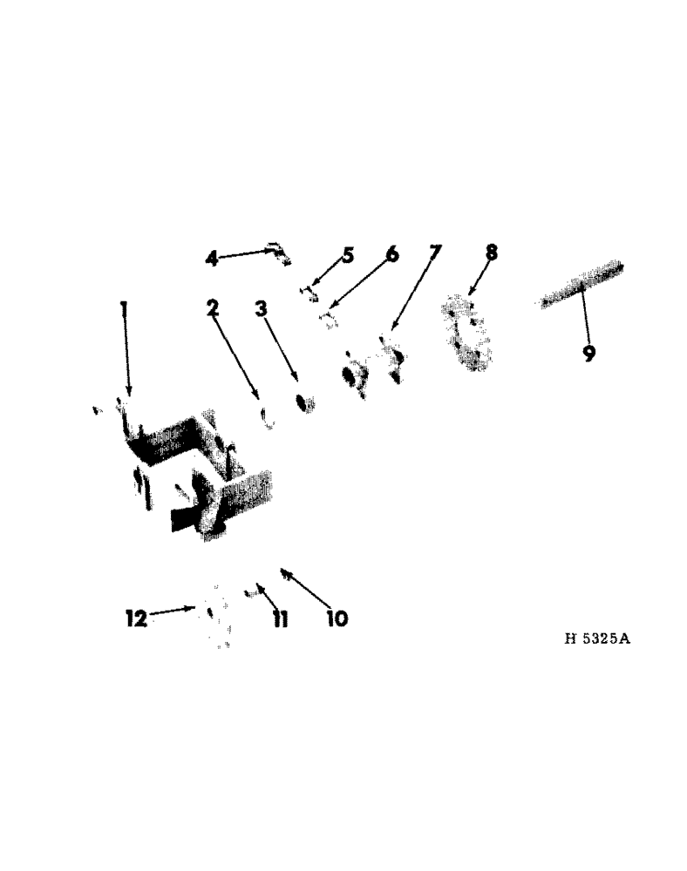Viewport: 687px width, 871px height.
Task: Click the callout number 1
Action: tap(124, 308)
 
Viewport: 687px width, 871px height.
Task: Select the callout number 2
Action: tap(212, 308)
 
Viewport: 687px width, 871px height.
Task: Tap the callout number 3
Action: tap(261, 308)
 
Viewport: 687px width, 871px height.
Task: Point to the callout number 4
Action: tap(212, 258)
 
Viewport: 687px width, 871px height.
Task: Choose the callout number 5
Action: tap(348, 255)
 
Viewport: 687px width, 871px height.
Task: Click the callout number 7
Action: tap(435, 253)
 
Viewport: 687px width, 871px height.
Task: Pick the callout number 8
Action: tap(492, 253)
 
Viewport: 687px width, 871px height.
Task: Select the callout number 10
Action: tap(337, 618)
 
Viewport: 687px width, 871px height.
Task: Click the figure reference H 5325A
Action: tap(597, 638)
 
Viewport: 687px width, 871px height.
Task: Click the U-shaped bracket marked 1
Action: tap(192, 470)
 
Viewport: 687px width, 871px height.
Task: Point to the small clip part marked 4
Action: tap(278, 253)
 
